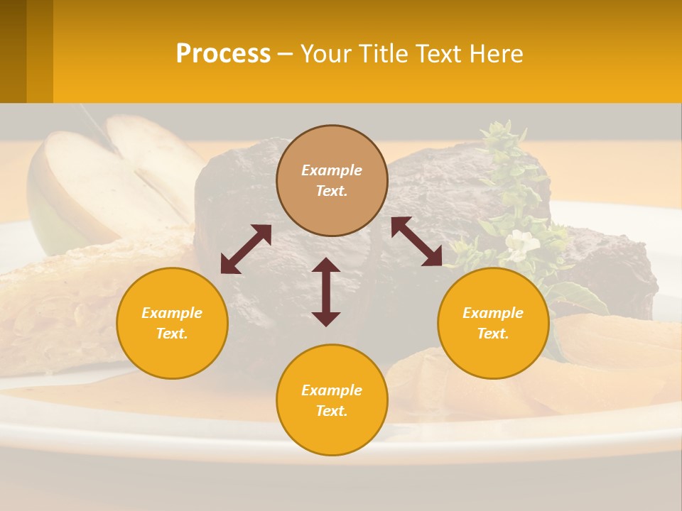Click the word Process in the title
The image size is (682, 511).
[223, 54]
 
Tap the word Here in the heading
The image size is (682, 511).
[494, 54]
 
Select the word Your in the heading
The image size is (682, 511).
[325, 54]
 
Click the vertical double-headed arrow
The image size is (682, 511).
[326, 292]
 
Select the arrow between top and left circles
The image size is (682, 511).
[246, 249]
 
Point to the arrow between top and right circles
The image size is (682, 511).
[416, 241]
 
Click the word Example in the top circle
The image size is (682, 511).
[332, 170]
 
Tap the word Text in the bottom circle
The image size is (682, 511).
[332, 411]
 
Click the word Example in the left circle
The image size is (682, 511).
[172, 313]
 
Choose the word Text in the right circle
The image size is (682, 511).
[493, 334]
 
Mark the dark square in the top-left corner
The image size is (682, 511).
[13, 51]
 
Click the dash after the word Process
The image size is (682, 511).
[285, 55]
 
